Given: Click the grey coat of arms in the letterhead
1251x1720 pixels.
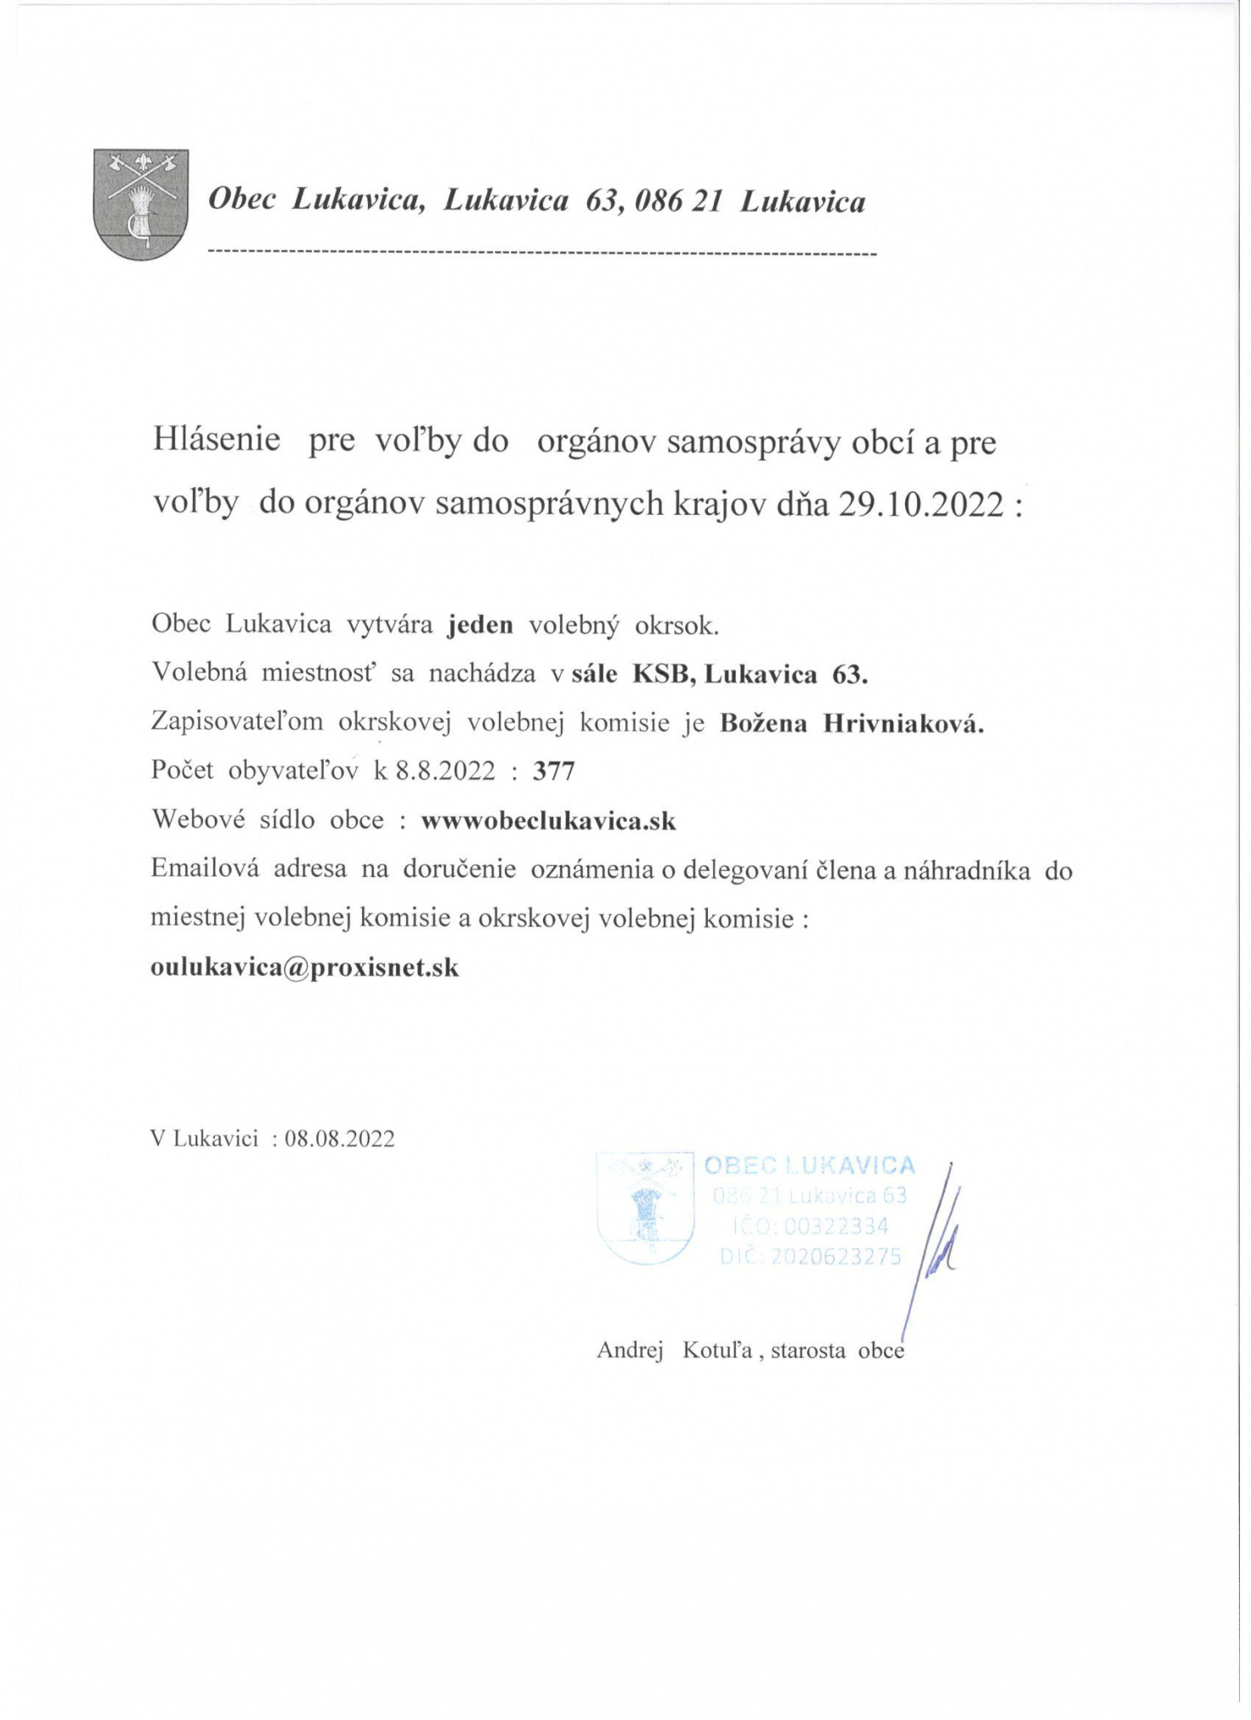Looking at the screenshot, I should (140, 204).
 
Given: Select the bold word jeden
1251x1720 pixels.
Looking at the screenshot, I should (480, 625).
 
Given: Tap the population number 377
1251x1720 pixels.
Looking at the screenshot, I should (554, 771).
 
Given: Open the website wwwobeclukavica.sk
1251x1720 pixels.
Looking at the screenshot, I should (549, 821).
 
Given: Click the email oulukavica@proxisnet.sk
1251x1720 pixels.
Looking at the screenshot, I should (304, 967).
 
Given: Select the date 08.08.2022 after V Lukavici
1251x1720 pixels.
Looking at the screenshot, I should (340, 1139).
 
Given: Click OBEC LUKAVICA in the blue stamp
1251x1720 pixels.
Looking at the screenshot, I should (809, 1165).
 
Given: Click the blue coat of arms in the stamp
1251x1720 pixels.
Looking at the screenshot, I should (645, 1207).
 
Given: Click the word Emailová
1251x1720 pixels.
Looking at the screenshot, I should (201, 870).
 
